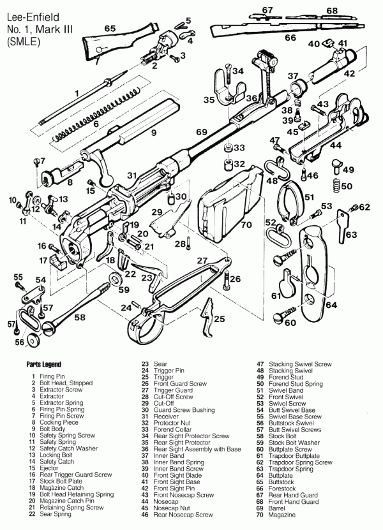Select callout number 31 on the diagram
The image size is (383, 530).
pos(131,175)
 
